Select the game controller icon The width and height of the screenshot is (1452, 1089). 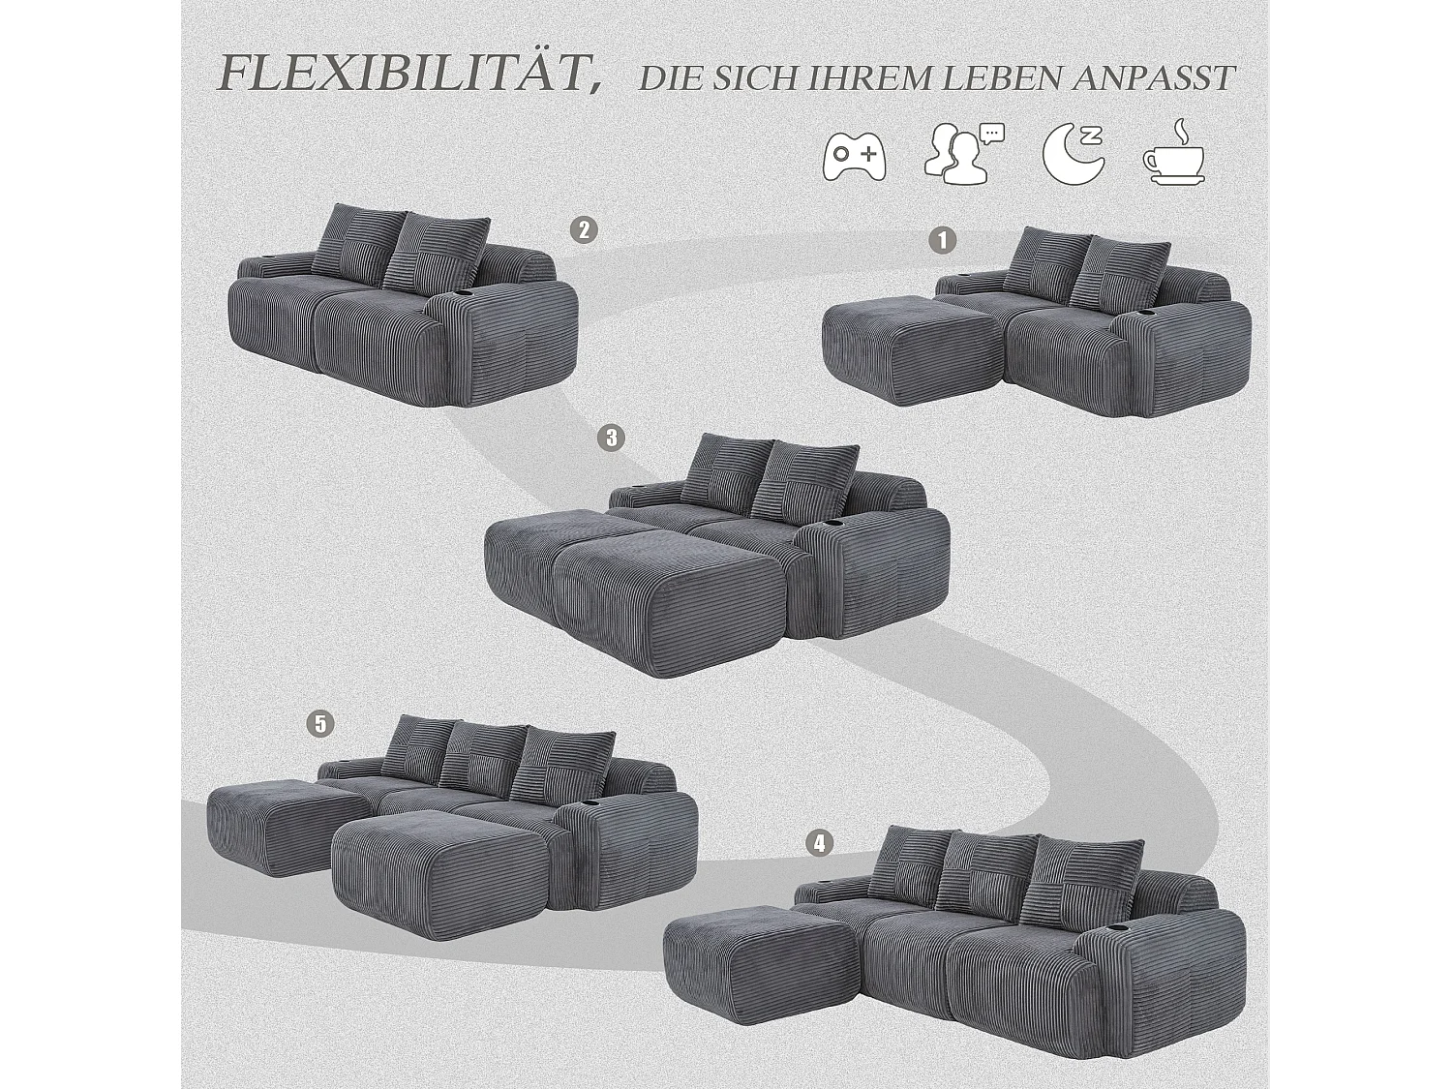coord(854,155)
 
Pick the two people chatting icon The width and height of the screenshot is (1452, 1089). coord(962,153)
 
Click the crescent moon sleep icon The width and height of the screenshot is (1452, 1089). coord(1073,155)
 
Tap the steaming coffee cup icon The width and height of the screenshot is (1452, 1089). coord(1173,153)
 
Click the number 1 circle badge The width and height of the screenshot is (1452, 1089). coord(942,240)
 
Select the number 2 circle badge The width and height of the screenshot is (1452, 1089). coord(583,230)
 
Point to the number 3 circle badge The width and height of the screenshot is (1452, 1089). coord(611,438)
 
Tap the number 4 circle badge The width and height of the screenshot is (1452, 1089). coord(819,843)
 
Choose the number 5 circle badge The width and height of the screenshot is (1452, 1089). coord(320,723)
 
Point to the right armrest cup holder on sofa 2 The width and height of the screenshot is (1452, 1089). coord(461,291)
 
